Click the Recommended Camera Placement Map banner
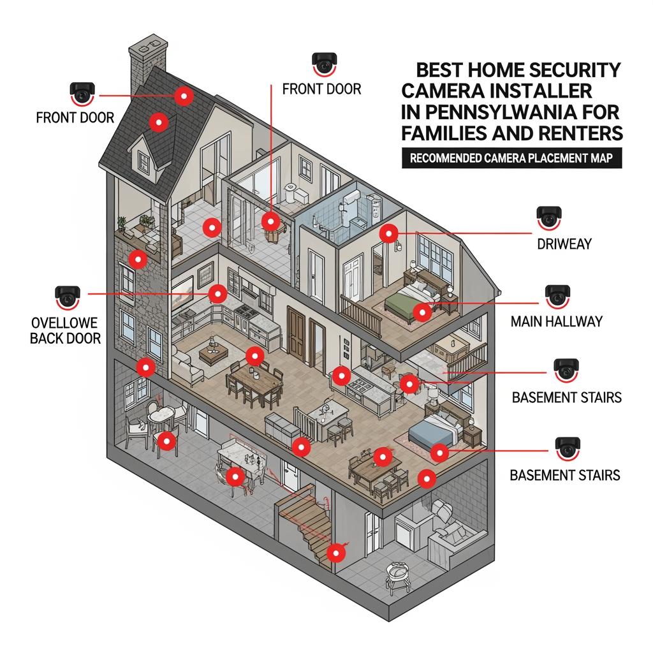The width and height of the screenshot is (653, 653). pyautogui.click(x=511, y=159)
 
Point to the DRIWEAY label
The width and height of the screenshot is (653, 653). pyautogui.click(x=565, y=244)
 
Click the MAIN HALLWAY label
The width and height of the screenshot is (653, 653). pyautogui.click(x=556, y=321)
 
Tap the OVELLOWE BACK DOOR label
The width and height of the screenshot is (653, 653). pyautogui.click(x=66, y=329)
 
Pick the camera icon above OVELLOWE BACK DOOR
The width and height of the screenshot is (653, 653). pyautogui.click(x=68, y=295)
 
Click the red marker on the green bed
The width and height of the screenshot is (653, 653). pyautogui.click(x=420, y=312)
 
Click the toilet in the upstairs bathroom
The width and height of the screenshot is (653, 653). pyautogui.click(x=292, y=193)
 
